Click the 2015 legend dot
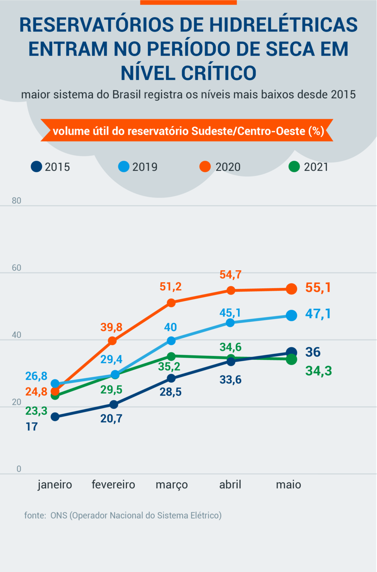[37, 166]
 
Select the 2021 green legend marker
[294, 166]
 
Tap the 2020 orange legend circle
[205, 166]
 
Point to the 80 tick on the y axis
[16, 201]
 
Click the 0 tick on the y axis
[19, 469]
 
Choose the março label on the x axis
[172, 484]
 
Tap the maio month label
[288, 484]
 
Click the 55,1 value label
[318, 287]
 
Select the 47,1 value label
[318, 314]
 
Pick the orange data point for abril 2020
[231, 290]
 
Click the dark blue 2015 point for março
[171, 378]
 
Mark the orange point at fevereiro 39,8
[112, 341]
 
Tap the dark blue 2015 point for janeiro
[55, 417]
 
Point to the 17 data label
[32, 426]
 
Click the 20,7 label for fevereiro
[111, 419]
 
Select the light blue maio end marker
[291, 315]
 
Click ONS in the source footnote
[59, 515]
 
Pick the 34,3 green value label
[319, 371]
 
